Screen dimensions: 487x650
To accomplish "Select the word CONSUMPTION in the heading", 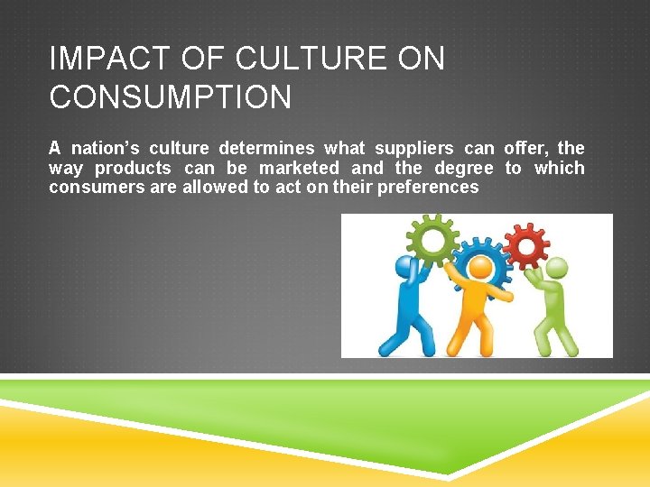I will click(x=171, y=97).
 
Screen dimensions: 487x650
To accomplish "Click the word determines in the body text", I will click(x=266, y=148).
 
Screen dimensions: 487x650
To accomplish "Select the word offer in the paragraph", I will click(x=525, y=148).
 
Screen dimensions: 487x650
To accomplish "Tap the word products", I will click(x=133, y=168).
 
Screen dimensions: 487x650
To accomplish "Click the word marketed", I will click(x=300, y=168).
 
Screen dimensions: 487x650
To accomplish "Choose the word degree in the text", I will click(x=464, y=168).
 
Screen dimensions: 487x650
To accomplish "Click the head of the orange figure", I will click(x=479, y=268).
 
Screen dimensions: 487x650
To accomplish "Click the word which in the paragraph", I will click(x=560, y=168).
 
